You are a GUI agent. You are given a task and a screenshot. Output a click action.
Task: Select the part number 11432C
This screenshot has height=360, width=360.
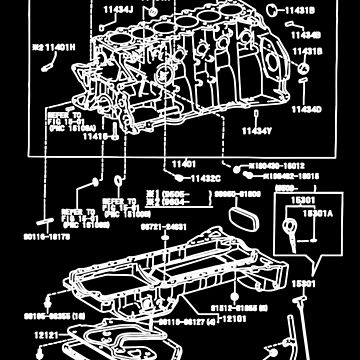pos(186,177)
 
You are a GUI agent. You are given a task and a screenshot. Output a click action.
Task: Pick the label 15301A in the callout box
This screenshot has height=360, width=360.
pos(320,213)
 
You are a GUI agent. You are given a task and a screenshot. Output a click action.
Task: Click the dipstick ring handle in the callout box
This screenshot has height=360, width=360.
pos(290,228)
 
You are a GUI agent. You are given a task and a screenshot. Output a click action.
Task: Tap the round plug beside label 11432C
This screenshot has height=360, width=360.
pos(119,180)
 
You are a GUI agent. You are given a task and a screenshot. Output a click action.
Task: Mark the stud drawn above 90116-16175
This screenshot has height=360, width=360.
pos(47,220)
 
